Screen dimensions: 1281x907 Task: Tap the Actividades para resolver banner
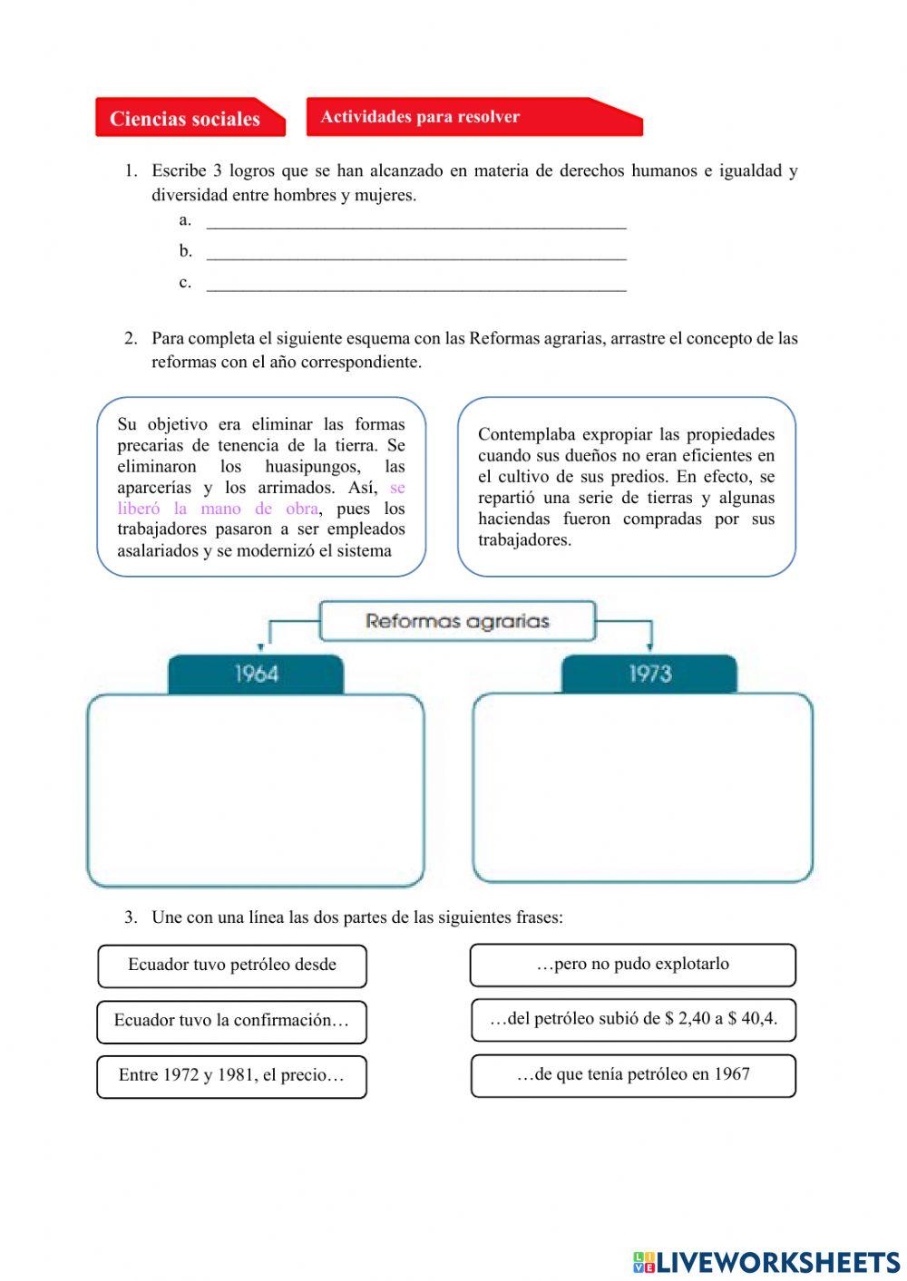tap(473, 117)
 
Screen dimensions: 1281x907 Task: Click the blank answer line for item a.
tap(416, 222)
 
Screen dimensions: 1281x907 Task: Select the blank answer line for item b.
tap(416, 253)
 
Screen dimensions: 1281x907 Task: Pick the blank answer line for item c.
tap(416, 285)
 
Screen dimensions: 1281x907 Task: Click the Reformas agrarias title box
tap(457, 621)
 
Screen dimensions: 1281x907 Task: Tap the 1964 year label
tap(256, 674)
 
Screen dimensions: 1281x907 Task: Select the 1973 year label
tap(649, 674)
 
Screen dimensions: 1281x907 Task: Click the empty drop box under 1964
tap(256, 790)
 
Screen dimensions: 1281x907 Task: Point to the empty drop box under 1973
tap(642, 788)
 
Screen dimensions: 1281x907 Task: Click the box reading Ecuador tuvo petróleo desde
tap(232, 966)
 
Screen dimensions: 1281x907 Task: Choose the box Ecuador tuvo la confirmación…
tap(232, 1021)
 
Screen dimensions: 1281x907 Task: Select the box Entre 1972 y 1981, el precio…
tap(232, 1076)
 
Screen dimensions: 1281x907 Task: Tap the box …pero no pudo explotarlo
tap(632, 965)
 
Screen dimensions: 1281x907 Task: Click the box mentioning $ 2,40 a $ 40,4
tap(633, 1020)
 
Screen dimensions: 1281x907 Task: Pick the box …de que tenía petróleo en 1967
tap(633, 1075)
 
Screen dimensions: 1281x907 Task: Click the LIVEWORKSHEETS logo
tap(766, 1261)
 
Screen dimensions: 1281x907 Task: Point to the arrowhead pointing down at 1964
tap(261, 647)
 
